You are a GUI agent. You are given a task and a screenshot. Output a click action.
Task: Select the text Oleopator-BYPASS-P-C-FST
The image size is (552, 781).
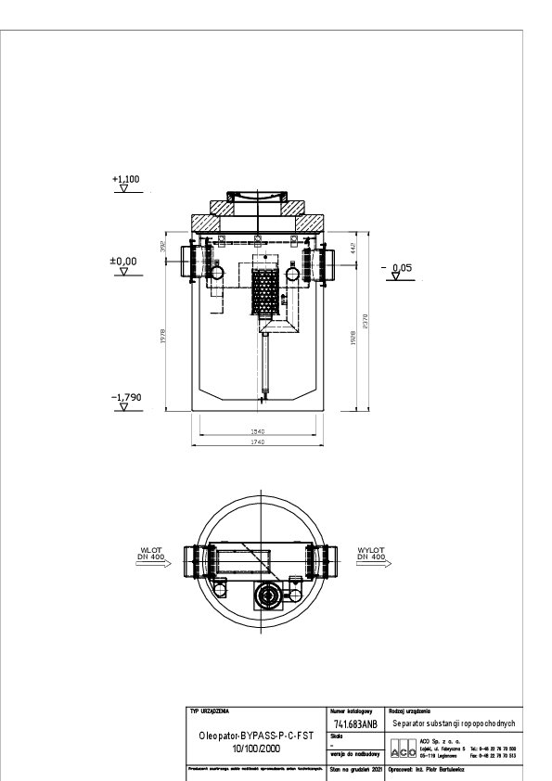[257, 734]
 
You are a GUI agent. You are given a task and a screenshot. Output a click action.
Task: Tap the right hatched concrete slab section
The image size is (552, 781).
[312, 223]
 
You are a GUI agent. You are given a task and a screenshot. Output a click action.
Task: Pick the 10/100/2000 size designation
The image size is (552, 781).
[257, 747]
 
